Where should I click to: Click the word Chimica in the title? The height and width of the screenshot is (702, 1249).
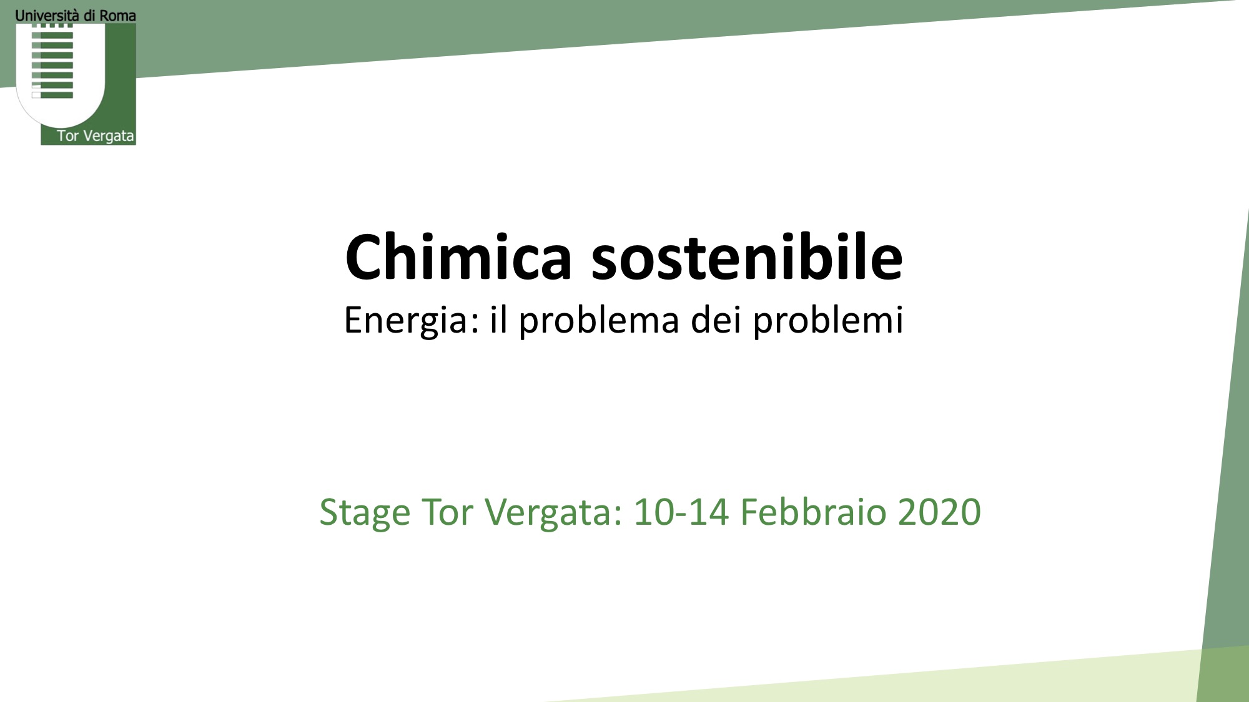(459, 256)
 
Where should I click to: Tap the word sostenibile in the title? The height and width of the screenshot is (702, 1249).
(747, 256)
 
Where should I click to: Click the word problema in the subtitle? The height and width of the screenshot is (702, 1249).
(599, 321)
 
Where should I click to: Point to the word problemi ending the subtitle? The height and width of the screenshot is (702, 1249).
(828, 321)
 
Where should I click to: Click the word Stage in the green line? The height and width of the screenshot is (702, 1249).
(365, 514)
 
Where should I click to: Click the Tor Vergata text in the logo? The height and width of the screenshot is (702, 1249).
(96, 136)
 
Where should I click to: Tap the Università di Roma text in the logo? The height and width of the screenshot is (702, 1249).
(76, 16)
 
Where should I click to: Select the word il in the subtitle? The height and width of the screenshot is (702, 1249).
(498, 319)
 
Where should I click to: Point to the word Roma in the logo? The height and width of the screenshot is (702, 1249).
(118, 16)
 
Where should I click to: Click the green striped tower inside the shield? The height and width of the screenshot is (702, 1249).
(52, 61)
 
